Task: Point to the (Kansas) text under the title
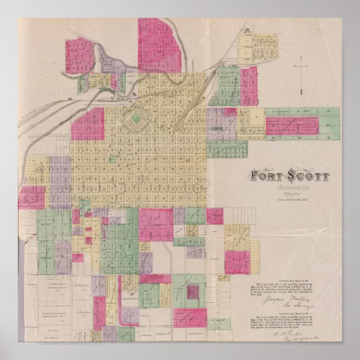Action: point(290,193)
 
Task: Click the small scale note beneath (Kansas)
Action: point(290,200)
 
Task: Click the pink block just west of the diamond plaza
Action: point(88,124)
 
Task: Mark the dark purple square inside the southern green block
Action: point(193,291)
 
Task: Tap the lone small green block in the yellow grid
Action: point(84,205)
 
